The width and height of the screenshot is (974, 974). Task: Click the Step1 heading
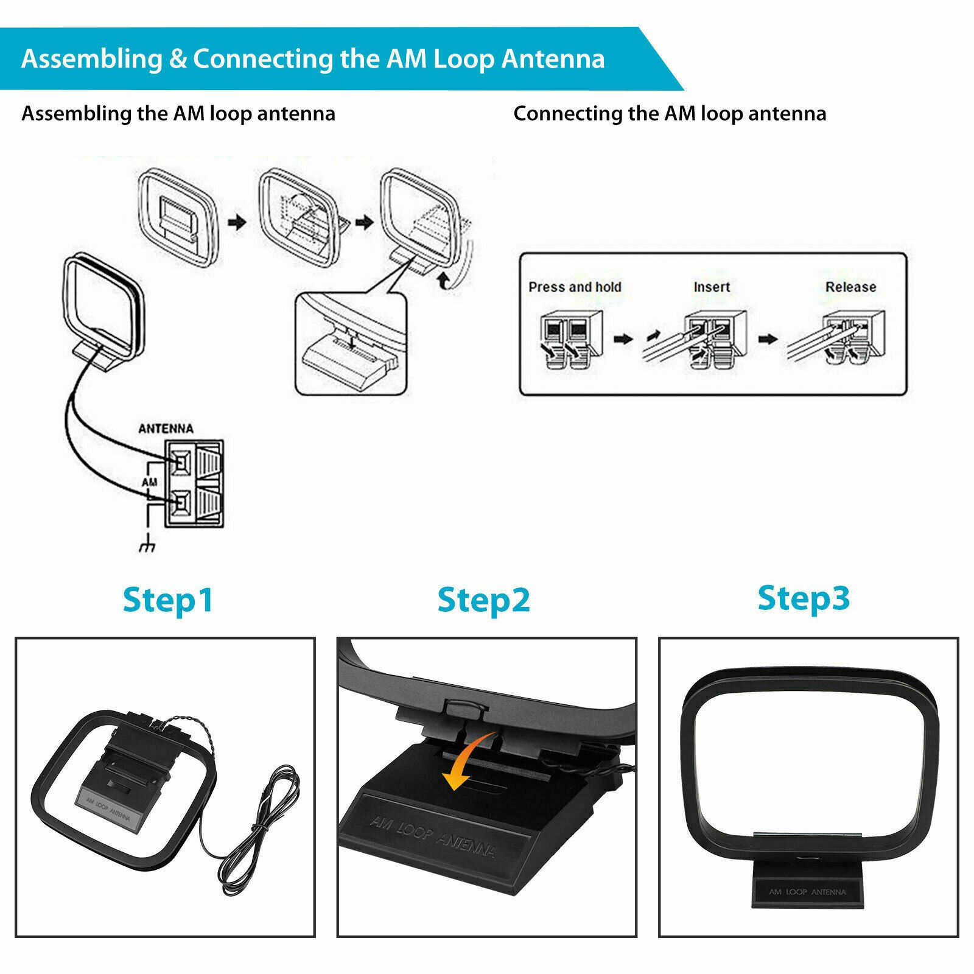pos(168,600)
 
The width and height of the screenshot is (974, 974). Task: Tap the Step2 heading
pos(483,600)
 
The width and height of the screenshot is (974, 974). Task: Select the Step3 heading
pos(803,598)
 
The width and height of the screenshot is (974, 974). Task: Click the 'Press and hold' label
pos(575,287)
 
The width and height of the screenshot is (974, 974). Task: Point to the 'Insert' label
pos(712,287)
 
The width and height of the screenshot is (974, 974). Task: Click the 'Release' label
pos(850,287)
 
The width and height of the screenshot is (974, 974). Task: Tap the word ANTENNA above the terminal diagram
pos(166,429)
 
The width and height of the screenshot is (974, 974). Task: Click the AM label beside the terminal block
pos(149,482)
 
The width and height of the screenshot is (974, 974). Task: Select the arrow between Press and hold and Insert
pos(623,338)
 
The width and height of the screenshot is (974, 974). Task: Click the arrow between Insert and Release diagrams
pos(768,338)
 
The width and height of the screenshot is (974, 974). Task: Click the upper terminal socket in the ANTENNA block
pos(181,463)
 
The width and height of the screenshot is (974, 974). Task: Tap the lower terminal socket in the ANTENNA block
pos(181,503)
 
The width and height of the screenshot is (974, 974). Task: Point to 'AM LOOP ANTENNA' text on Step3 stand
pos(807,892)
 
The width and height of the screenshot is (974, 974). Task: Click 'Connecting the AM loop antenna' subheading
pos(670,114)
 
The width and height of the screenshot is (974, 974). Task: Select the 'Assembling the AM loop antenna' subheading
pos(178,114)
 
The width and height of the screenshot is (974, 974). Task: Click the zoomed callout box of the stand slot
pos(351,344)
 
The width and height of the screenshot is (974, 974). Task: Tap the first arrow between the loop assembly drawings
pos(237,222)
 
